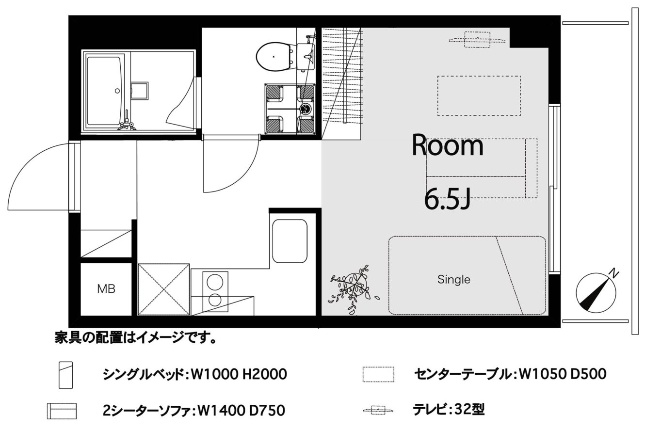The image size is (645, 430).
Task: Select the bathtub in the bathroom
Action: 104,91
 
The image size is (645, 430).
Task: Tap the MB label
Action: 106,288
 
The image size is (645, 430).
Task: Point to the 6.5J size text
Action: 448,199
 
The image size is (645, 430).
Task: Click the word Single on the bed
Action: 454,279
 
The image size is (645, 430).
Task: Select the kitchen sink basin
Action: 290,241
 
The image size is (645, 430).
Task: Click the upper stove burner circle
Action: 215,281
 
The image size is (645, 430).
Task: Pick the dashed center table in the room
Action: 479,96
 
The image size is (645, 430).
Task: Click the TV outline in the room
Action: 477,40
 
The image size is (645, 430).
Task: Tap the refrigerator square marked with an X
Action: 163,289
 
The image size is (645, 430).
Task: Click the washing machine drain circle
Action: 305,109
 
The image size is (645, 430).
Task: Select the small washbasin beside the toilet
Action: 306,56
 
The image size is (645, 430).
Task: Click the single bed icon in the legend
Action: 65,375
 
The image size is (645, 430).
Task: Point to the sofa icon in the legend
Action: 62,411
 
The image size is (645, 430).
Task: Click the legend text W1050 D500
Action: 562,374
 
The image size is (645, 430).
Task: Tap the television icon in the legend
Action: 378,410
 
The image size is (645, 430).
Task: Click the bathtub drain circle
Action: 117,91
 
